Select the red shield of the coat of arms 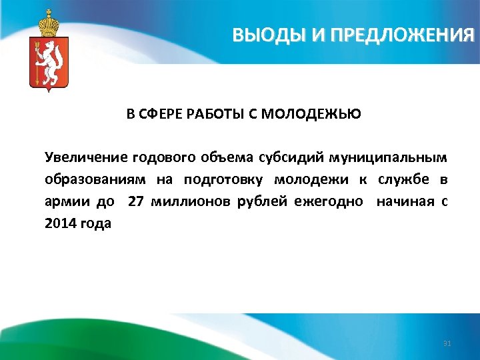coord(49,63)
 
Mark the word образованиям coord(96,179)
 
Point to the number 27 coord(136,201)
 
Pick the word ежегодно coord(329,201)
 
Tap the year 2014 coord(61,223)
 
